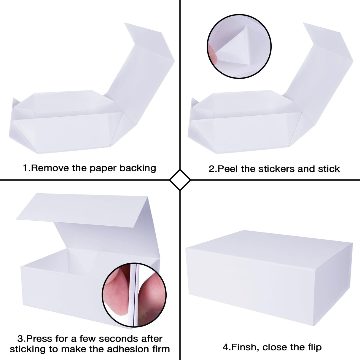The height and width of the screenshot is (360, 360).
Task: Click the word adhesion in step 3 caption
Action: [x=127, y=349]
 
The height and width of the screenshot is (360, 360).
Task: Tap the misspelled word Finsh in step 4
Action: [x=244, y=347]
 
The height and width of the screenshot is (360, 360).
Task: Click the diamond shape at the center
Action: [x=180, y=180]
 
